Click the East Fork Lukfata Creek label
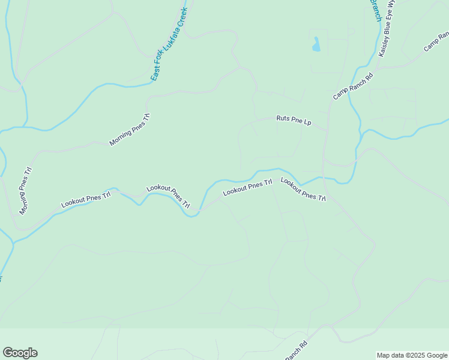pos(169,44)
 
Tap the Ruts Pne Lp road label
pos(294,121)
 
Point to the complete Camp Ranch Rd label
pos(353,86)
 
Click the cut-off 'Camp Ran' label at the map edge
pos(436,41)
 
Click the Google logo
pos(20,353)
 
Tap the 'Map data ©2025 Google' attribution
pos(412,355)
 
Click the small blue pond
pos(316,43)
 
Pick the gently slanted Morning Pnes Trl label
pos(129,129)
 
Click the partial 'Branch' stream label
pos(375,9)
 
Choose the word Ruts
pos(283,119)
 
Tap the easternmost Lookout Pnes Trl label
pos(303,189)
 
